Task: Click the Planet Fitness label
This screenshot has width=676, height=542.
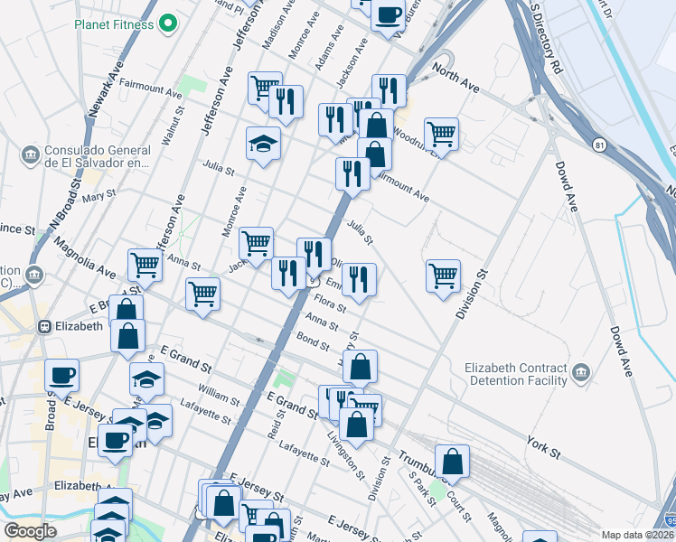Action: pos(115,24)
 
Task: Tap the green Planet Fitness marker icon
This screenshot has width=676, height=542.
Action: pos(167,24)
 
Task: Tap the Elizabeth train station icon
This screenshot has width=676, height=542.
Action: pos(43,327)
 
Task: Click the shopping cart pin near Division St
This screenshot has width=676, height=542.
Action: pos(443,276)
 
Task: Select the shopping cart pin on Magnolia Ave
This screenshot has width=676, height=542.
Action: pos(145,266)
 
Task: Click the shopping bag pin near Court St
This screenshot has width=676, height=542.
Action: pos(452,461)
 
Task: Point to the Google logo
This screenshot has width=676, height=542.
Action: pos(30,531)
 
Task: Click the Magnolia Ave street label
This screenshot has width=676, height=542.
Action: pos(85,257)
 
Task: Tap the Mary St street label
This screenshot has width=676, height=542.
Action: pos(99,196)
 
